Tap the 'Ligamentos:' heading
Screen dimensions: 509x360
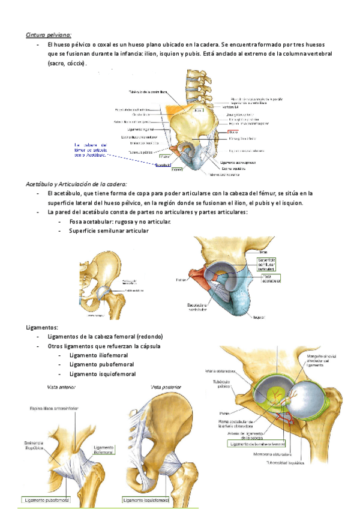click(42, 327)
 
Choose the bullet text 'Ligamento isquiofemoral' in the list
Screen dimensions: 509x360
click(103, 373)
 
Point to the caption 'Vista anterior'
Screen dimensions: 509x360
click(53, 388)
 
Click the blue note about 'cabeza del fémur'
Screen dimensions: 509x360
click(89, 149)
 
